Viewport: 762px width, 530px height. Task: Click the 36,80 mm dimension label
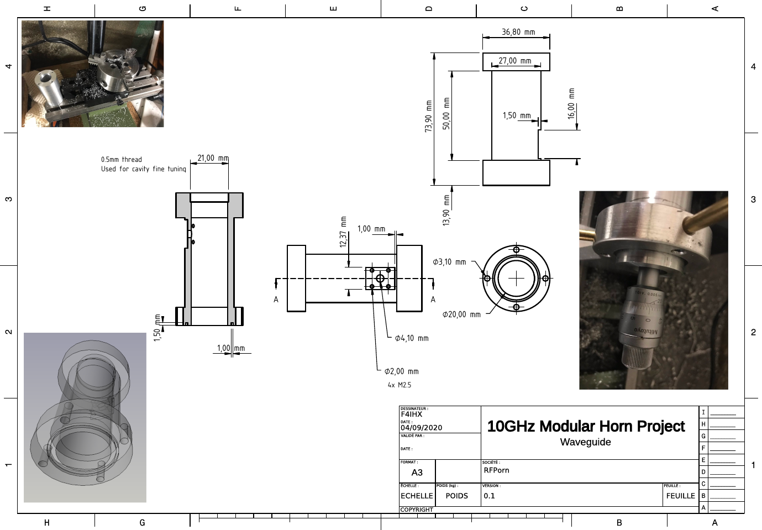(x=518, y=32)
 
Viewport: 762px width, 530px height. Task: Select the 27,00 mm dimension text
(x=514, y=61)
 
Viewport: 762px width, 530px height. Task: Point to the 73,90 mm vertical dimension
(x=428, y=116)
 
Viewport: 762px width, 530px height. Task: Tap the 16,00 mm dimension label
(x=571, y=103)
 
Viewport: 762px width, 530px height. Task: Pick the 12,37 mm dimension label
(x=343, y=232)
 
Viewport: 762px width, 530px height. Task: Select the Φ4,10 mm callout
(x=412, y=338)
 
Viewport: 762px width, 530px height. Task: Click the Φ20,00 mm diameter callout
(x=461, y=314)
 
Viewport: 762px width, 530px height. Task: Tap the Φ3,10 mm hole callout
(x=449, y=262)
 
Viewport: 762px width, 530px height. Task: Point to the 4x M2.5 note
(x=399, y=385)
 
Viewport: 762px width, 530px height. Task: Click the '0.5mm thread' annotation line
(x=122, y=160)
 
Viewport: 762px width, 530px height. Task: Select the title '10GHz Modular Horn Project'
(x=586, y=426)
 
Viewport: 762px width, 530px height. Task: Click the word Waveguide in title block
(x=585, y=442)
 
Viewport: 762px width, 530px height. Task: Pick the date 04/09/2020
(x=421, y=428)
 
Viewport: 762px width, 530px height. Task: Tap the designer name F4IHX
(x=411, y=414)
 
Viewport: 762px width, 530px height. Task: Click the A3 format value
(x=417, y=473)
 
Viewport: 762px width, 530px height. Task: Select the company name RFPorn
(x=496, y=470)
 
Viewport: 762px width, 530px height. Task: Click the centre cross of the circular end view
(x=516, y=278)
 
